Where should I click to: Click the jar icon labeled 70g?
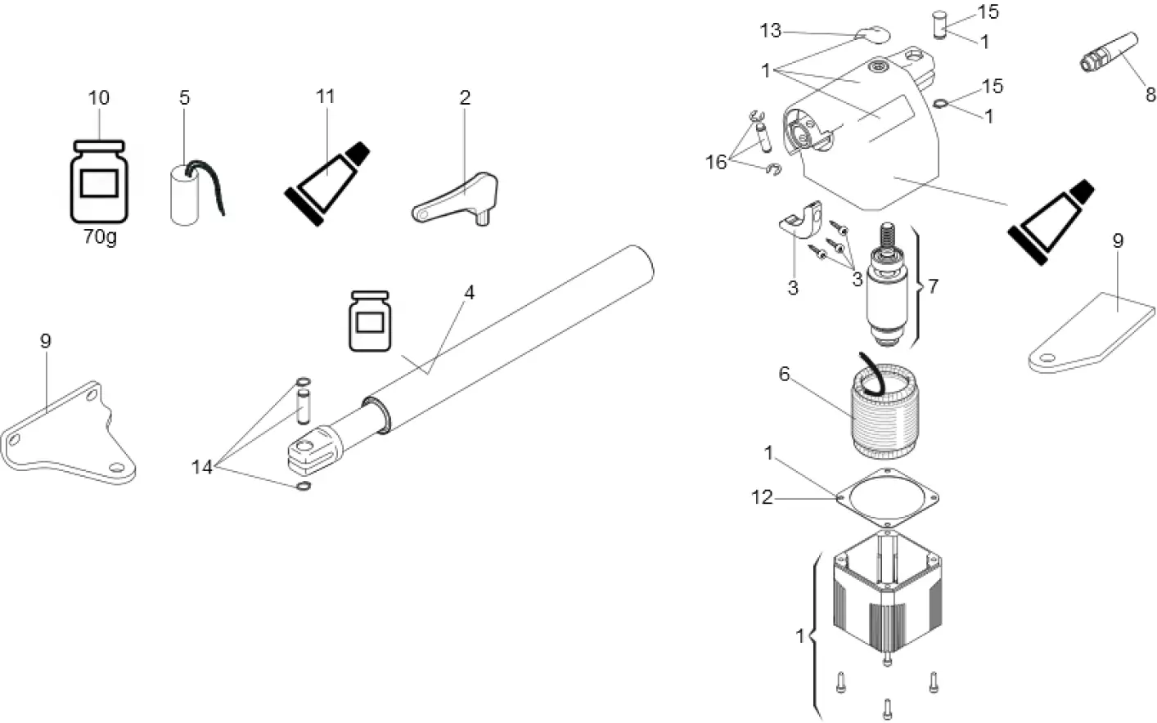(99, 181)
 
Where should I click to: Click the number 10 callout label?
(98, 98)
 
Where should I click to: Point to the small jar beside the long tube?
(370, 321)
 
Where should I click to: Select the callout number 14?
(201, 467)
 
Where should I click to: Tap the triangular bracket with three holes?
(70, 437)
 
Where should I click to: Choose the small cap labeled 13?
(872, 34)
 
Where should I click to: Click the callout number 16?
(716, 162)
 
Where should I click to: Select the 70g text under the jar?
(100, 238)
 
